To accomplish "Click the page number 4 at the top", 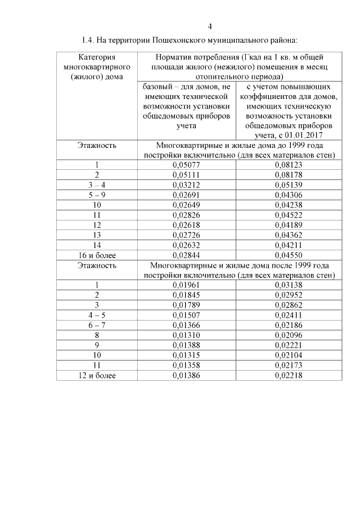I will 210,26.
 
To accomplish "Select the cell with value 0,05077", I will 186,165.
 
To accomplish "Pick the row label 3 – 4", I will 97,185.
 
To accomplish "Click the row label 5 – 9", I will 97,195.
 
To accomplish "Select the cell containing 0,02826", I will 186,215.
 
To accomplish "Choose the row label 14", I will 97,246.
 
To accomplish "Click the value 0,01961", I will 186,285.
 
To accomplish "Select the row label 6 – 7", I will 97,325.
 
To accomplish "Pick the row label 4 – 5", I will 97,315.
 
